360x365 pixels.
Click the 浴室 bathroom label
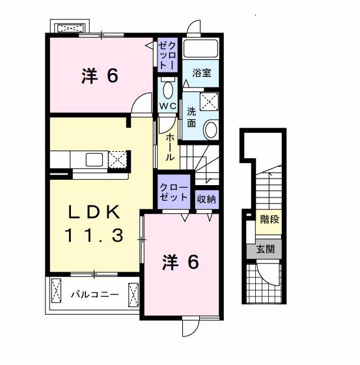tap(201, 74)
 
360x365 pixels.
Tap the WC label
tap(167, 106)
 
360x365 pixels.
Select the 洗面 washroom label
tap(192, 116)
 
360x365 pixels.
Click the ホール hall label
tap(169, 148)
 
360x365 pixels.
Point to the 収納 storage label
tap(206, 199)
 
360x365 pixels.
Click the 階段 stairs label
tap(269, 220)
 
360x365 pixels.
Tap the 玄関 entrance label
tap(265, 248)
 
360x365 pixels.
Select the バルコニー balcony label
tap(95, 295)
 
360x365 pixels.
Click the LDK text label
tap(94, 212)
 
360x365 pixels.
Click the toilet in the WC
tap(167, 89)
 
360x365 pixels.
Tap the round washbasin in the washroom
tap(210, 130)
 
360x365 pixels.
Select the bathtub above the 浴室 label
tap(201, 50)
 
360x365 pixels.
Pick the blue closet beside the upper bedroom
tap(167, 55)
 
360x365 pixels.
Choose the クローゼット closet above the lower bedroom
tap(174, 193)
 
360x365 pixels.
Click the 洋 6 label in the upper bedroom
tap(100, 76)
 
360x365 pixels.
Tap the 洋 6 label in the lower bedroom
tap(180, 263)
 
